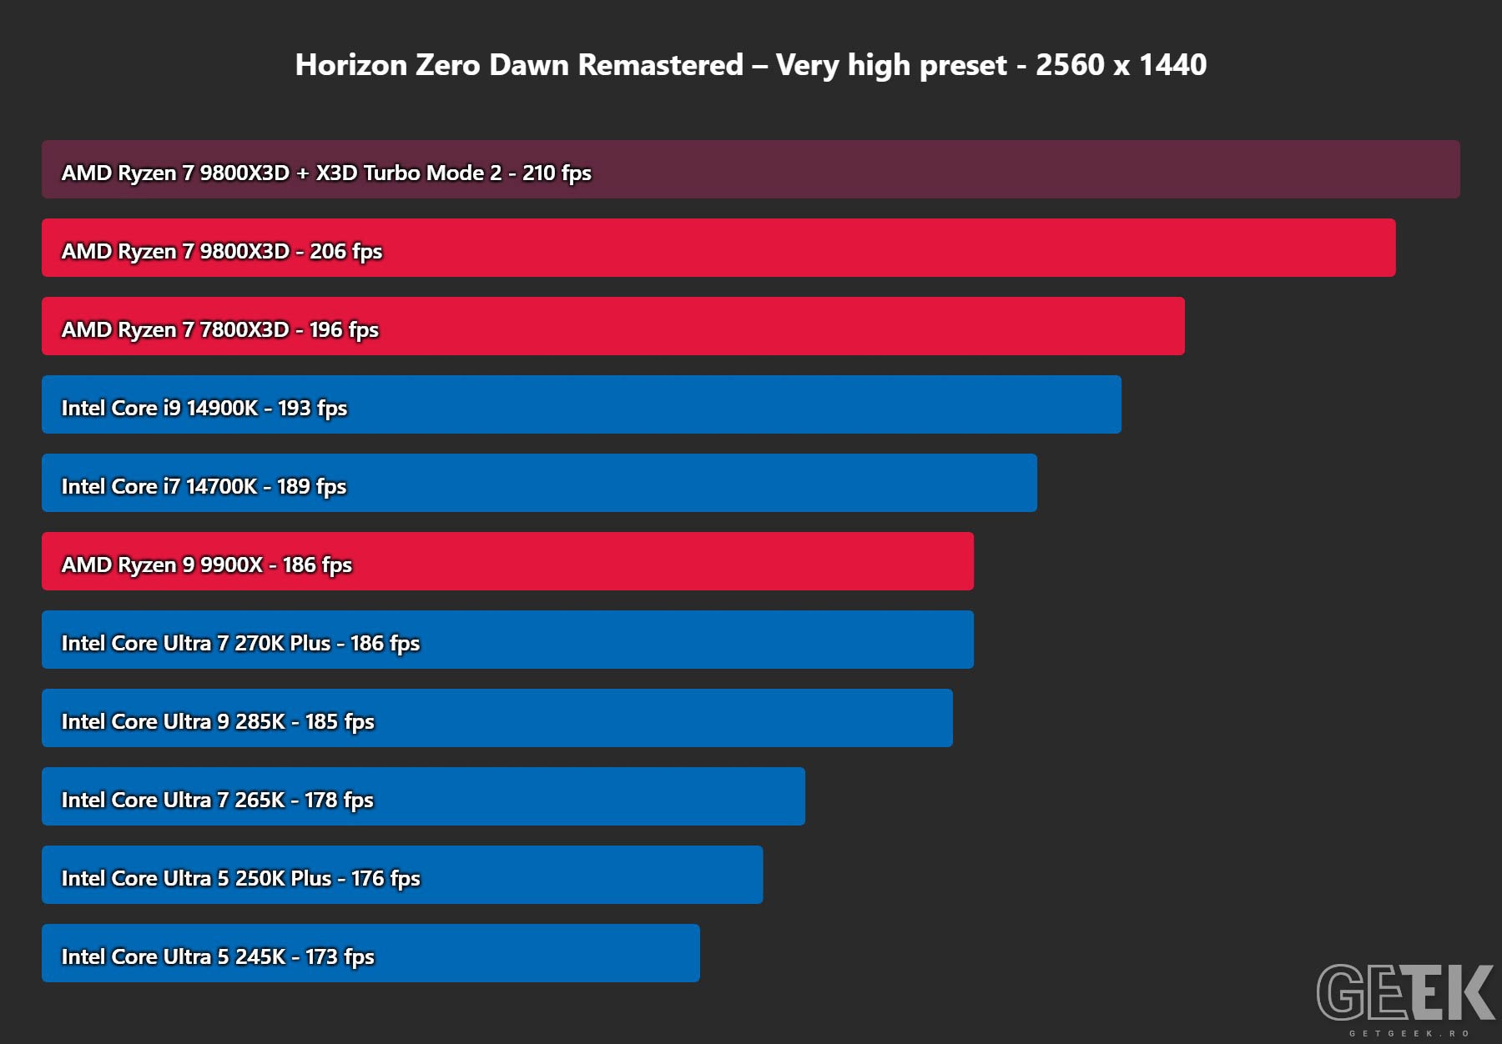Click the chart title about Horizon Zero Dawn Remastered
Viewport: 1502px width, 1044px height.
click(751, 65)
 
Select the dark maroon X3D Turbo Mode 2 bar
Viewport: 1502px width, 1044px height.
click(751, 169)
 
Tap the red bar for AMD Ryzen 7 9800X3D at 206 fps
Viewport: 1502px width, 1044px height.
click(718, 248)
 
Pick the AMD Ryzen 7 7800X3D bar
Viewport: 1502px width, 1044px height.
click(613, 326)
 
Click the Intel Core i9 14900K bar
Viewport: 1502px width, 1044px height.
click(582, 404)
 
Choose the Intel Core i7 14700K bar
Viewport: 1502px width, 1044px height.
click(539, 483)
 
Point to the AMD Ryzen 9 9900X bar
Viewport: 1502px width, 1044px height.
click(507, 561)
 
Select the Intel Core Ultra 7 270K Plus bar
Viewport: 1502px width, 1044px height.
click(507, 640)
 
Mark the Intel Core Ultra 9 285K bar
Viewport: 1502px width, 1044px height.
click(497, 718)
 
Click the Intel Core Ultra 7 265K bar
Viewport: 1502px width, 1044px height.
click(423, 796)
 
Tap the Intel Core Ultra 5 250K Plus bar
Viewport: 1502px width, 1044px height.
click(402, 875)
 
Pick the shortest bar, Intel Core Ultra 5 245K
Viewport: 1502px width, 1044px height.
click(370, 953)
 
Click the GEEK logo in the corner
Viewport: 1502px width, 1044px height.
click(1406, 992)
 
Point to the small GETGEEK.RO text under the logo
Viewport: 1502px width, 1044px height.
click(1409, 1034)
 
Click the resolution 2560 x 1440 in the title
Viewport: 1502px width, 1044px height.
click(1121, 65)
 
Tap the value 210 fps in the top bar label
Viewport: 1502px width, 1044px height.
click(557, 173)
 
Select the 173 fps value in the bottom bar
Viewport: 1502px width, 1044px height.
click(340, 957)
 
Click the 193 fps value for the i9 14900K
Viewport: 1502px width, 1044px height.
click(312, 409)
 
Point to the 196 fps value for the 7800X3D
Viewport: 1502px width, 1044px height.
click(344, 330)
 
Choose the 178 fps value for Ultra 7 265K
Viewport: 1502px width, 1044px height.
click(339, 801)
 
